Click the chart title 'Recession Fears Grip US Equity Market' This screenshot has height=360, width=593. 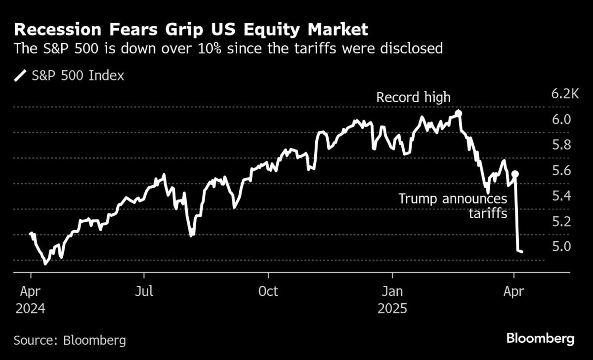pos(191,30)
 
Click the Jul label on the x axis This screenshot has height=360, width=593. pos(144,291)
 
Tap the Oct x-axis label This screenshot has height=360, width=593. pos(268,291)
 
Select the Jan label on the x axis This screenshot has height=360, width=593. pos(392,291)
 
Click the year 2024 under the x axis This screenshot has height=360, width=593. pos(31,309)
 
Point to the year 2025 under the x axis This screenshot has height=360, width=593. pos(392,309)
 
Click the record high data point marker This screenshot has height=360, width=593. pos(458,113)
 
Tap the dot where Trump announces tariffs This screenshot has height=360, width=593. pos(515,174)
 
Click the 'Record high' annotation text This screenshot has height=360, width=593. pos(413,97)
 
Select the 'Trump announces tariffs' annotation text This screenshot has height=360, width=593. pos(453,206)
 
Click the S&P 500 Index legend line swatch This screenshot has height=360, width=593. pos(21,76)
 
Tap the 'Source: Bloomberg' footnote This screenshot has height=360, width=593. pos(70,340)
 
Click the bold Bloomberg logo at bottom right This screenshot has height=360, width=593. pos(540,339)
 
